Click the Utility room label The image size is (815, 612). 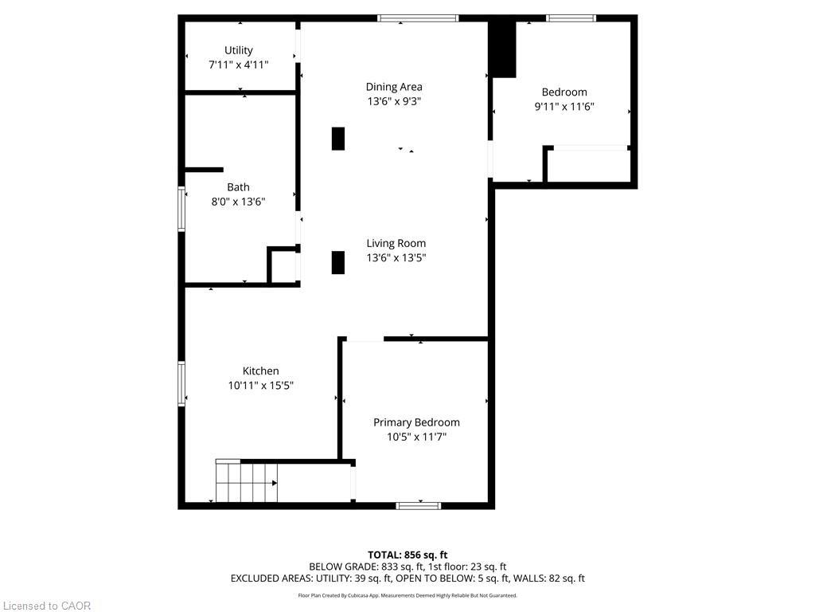pos(239,50)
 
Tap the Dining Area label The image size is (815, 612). pos(394,87)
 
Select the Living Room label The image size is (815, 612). pos(396,243)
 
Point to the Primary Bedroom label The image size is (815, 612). pos(416,422)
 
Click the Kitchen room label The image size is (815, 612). pos(261,371)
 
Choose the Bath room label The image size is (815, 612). pos(238,187)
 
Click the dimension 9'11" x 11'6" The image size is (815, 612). pos(564,107)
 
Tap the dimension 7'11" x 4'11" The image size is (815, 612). pos(239,65)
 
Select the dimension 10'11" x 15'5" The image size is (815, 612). pos(261,386)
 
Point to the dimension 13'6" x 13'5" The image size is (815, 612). pos(396,257)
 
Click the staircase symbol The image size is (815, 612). pos(247,481)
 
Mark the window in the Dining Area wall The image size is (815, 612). pos(418,18)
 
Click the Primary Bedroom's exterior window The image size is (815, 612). pos(419,506)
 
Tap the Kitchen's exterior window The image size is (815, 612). pos(181,383)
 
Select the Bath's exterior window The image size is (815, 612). pos(181,209)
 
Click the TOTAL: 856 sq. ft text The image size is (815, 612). pos(407,555)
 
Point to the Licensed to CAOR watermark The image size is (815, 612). pos(47,606)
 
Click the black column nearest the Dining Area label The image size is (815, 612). pos(338,139)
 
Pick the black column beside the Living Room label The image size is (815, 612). pos(338,262)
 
